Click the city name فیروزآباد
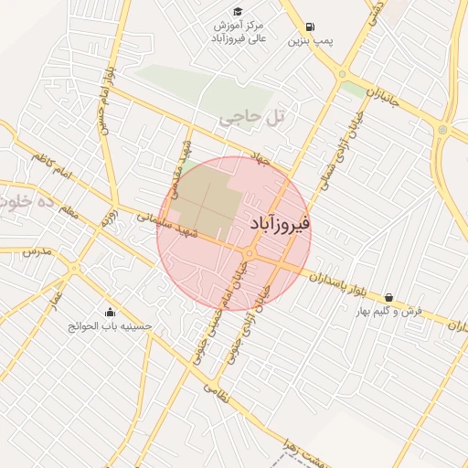(x=280, y=223)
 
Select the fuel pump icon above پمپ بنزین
(x=311, y=27)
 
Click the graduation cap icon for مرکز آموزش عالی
(x=238, y=11)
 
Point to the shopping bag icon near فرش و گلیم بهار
(x=390, y=297)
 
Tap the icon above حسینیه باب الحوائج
(x=111, y=312)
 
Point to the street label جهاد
(x=263, y=159)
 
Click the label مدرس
(x=34, y=250)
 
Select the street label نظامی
(x=212, y=389)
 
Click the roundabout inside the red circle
(x=249, y=253)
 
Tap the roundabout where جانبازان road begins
(x=342, y=74)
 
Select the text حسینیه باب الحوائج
(x=112, y=326)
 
